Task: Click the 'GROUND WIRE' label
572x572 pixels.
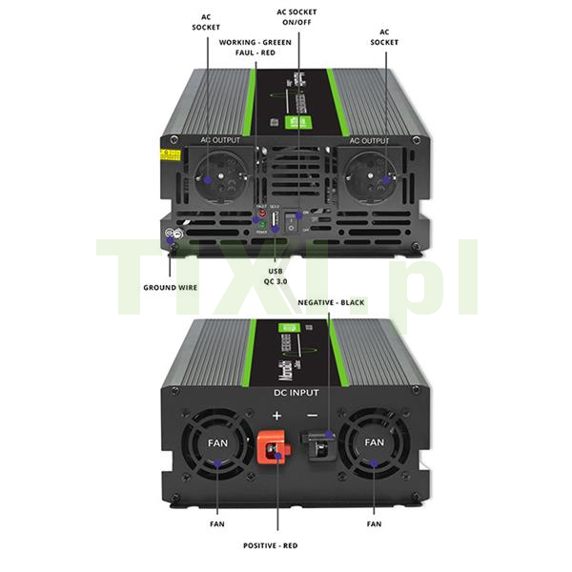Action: [x=174, y=285]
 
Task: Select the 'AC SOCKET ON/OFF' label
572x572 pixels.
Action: [x=296, y=18]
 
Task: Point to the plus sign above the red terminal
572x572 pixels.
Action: [x=277, y=416]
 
